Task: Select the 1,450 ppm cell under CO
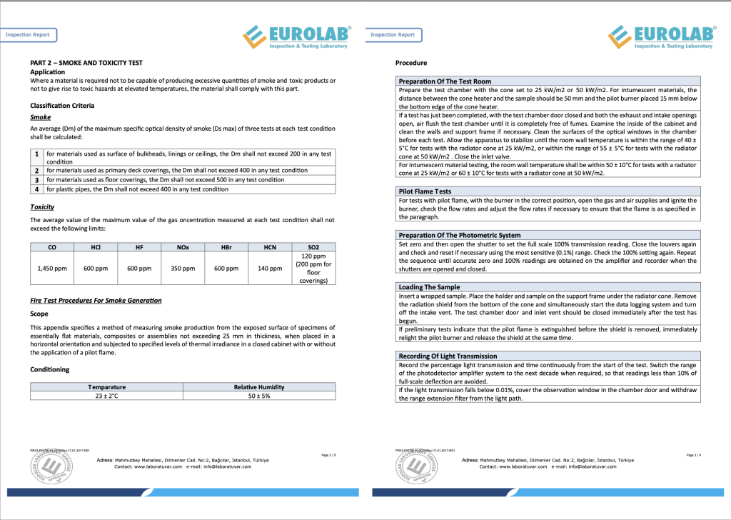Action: click(x=52, y=269)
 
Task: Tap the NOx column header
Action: click(x=182, y=247)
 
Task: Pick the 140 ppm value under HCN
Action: click(x=270, y=269)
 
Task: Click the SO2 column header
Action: click(x=313, y=247)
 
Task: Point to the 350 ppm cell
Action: click(x=183, y=269)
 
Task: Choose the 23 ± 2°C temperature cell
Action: click(x=106, y=395)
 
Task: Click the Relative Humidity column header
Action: click(x=259, y=387)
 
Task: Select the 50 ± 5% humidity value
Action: click(x=259, y=395)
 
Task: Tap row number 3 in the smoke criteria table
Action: click(x=36, y=180)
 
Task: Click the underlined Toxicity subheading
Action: click(x=42, y=207)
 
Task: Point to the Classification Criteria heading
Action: click(x=62, y=106)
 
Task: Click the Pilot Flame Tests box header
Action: click(x=424, y=191)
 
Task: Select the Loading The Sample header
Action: click(x=429, y=286)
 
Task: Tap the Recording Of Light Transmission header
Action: click(x=448, y=356)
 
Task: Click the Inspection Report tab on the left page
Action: click(x=28, y=34)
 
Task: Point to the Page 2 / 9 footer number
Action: click(x=328, y=455)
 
